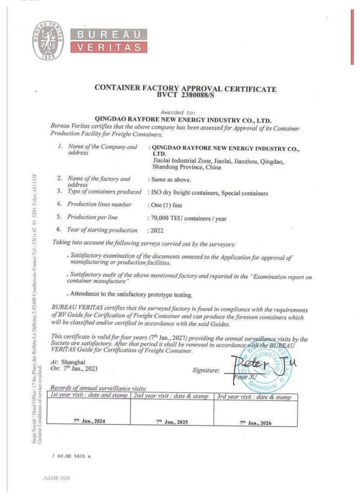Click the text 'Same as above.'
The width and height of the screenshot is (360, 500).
[x=171, y=180]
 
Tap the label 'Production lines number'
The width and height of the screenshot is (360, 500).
[x=99, y=204]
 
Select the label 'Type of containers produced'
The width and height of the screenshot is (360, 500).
[x=104, y=192]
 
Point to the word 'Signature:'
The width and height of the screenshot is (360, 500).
[x=206, y=370]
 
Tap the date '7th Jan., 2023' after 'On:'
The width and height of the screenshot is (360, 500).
[x=80, y=369]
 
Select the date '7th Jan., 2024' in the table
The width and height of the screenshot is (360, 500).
[x=90, y=420]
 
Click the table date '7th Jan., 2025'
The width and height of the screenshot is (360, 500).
[x=172, y=422]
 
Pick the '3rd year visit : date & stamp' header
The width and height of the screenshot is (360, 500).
[x=255, y=397]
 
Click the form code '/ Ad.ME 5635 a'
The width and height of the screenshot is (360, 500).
[x=72, y=456]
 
